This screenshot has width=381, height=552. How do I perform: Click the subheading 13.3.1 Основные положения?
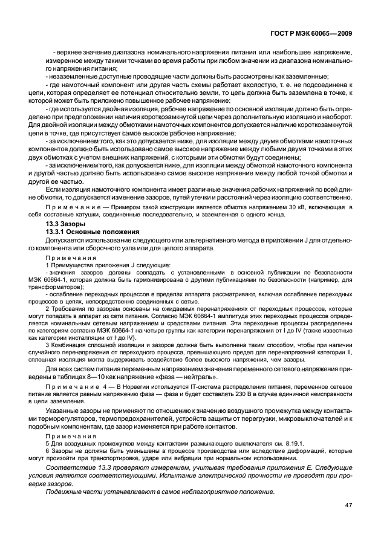click(92, 232)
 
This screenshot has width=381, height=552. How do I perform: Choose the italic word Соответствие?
click(69, 470)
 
